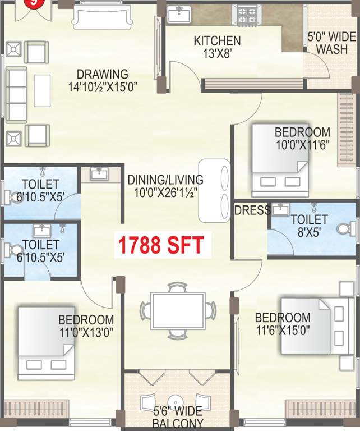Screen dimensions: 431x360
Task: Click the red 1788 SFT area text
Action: click(x=160, y=245)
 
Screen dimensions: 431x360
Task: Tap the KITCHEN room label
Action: click(x=217, y=41)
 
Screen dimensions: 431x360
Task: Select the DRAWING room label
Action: click(x=103, y=74)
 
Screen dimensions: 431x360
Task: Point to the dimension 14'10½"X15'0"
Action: click(x=103, y=86)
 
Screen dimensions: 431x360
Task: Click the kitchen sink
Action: click(x=179, y=13)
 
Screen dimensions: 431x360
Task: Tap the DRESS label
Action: click(x=252, y=210)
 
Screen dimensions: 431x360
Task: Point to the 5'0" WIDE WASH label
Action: click(x=331, y=43)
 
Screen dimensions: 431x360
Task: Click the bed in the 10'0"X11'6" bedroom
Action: click(x=279, y=158)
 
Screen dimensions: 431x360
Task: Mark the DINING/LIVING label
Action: click(x=165, y=180)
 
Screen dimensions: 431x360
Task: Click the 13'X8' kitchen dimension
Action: click(x=217, y=54)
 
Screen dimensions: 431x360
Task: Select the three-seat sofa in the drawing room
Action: click(x=16, y=94)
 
